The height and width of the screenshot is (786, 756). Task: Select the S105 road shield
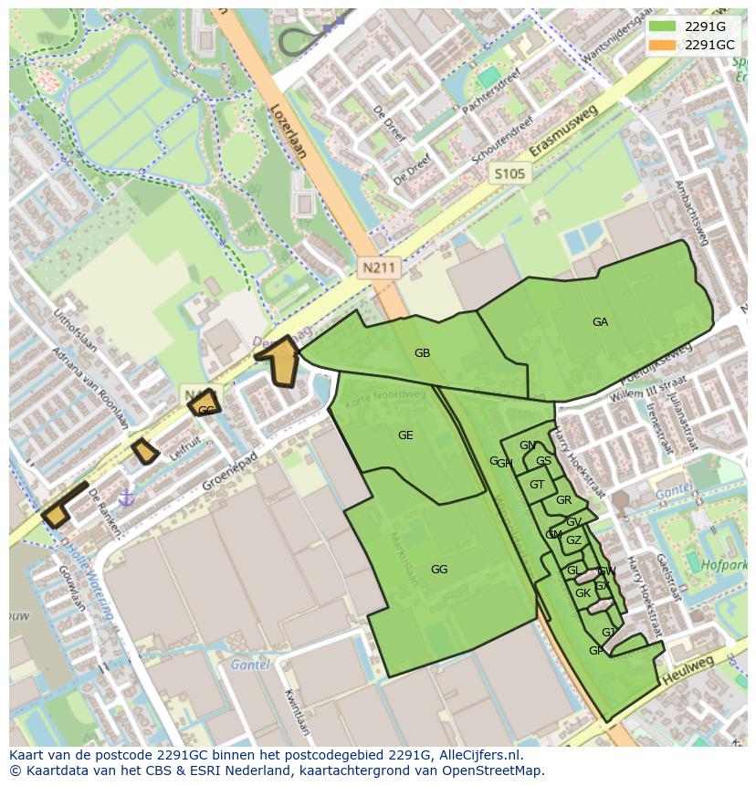pos(509,173)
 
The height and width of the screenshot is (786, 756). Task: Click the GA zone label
pos(600,322)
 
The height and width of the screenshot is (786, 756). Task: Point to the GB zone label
pos(422,353)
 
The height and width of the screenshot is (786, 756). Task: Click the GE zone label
pos(405,435)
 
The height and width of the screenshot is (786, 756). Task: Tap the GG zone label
pos(439,570)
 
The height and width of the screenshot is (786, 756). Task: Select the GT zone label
pos(537,485)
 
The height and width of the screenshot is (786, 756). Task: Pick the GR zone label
pos(563,500)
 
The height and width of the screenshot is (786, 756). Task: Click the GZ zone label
pos(573,540)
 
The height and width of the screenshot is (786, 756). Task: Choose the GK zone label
pos(583,593)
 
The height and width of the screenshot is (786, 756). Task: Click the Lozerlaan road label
pos(288,131)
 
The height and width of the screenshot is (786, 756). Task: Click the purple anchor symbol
pos(126,498)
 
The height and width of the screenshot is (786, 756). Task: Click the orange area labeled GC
pos(205,408)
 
